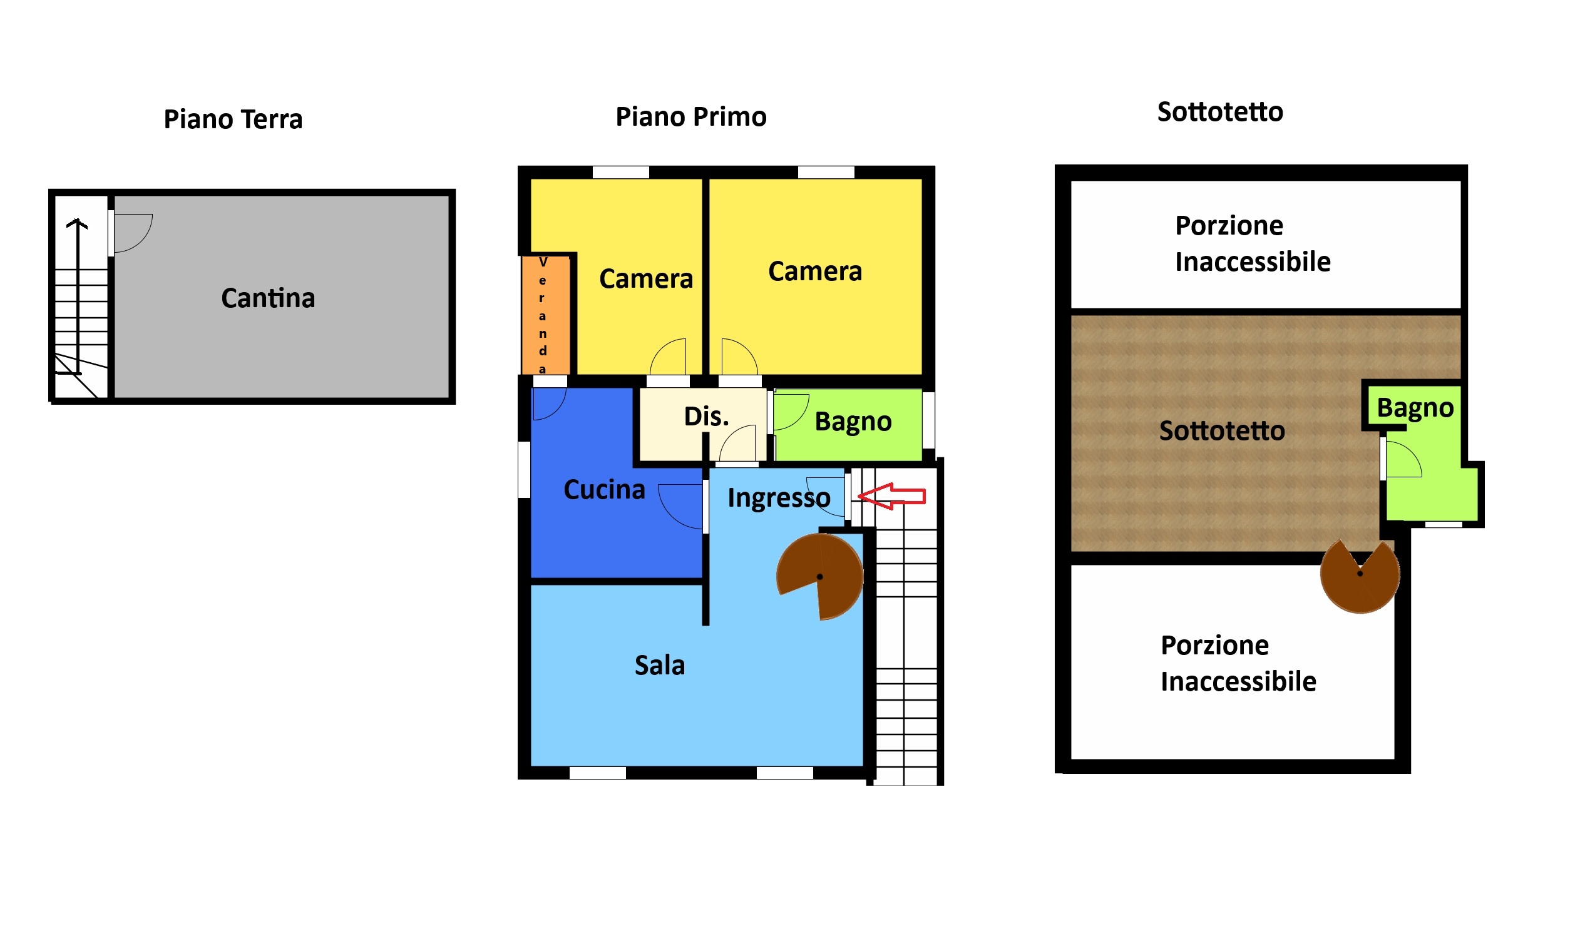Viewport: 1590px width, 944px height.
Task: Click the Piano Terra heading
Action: pos(233,119)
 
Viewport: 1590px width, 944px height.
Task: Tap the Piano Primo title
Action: pos(690,117)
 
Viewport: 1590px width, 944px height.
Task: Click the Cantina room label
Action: pos(268,298)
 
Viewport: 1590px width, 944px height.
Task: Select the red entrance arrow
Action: pos(891,495)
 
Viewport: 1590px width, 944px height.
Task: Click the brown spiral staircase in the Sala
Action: pos(819,576)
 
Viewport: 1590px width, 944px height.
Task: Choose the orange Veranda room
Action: pos(543,315)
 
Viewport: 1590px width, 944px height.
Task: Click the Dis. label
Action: pos(706,417)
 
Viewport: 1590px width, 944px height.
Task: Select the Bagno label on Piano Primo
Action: pos(853,422)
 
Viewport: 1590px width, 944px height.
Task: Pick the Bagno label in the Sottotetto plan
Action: pos(1415,408)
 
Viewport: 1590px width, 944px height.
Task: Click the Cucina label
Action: pos(604,490)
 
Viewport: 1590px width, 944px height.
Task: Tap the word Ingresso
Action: pos(779,498)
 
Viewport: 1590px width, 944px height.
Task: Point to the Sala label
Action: pos(659,666)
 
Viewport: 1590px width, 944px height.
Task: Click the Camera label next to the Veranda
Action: pos(645,279)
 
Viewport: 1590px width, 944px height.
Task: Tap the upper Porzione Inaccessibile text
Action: pos(1252,243)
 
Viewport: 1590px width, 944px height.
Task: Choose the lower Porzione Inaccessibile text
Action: pos(1238,663)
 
